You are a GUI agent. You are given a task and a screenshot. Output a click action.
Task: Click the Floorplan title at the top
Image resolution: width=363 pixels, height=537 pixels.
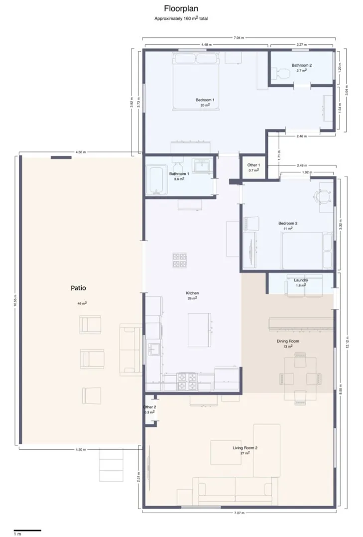point(181,8)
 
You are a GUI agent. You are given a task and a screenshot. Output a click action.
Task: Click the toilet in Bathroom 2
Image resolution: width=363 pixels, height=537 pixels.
point(283,74)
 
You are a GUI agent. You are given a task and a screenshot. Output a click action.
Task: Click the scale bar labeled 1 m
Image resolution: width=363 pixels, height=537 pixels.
point(27,530)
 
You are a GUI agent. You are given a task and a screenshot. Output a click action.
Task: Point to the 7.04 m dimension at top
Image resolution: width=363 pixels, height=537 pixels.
point(238,37)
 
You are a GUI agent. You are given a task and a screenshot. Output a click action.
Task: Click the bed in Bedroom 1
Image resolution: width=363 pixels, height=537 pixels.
point(196,82)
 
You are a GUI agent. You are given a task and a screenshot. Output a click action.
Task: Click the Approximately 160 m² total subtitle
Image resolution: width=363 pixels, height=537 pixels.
point(181,18)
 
